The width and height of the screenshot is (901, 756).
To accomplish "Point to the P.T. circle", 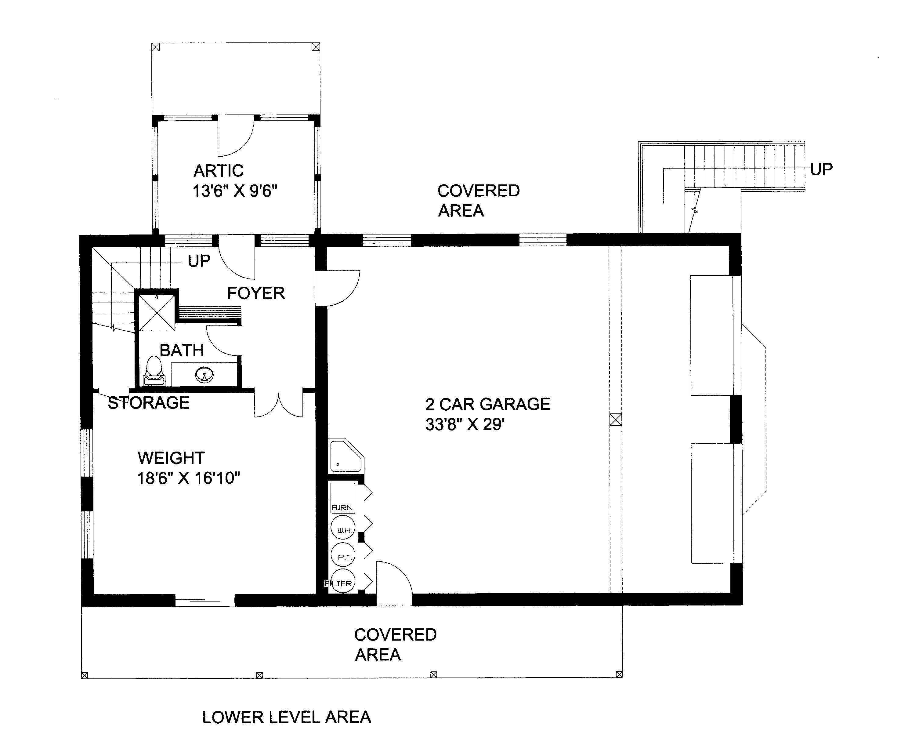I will [x=343, y=556].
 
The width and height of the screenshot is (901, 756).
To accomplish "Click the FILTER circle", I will [x=343, y=583].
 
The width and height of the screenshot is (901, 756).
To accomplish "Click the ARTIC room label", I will [x=219, y=171].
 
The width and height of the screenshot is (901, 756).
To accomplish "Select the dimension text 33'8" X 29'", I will [x=465, y=425].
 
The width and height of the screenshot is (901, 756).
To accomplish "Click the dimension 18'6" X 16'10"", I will [x=188, y=478].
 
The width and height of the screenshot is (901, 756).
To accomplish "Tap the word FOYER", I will [x=256, y=293].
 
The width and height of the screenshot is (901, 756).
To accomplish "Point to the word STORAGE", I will [x=148, y=403].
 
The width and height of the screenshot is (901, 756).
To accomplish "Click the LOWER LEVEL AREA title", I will [x=287, y=717].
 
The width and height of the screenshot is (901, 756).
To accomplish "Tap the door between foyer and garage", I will [x=337, y=288].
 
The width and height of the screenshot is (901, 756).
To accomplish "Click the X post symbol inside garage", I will [x=615, y=420].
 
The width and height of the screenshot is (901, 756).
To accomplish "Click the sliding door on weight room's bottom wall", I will [x=205, y=601].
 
